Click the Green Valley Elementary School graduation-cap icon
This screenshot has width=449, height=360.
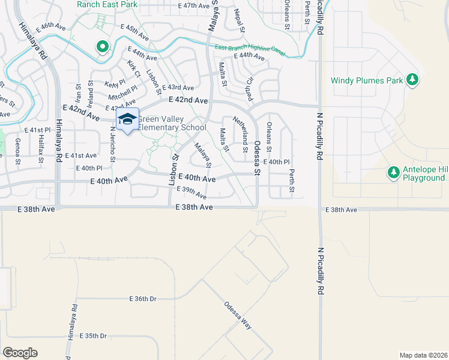(127, 119)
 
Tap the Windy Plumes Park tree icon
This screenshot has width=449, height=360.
(412, 79)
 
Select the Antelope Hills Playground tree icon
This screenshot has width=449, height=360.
(393, 173)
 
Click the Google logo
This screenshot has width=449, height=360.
(20, 352)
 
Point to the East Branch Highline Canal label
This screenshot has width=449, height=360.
(246, 50)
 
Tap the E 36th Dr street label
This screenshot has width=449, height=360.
(143, 298)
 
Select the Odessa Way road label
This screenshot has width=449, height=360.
(238, 316)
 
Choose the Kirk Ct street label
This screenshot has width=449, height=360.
(134, 69)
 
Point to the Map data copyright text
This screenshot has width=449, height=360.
(424, 355)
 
